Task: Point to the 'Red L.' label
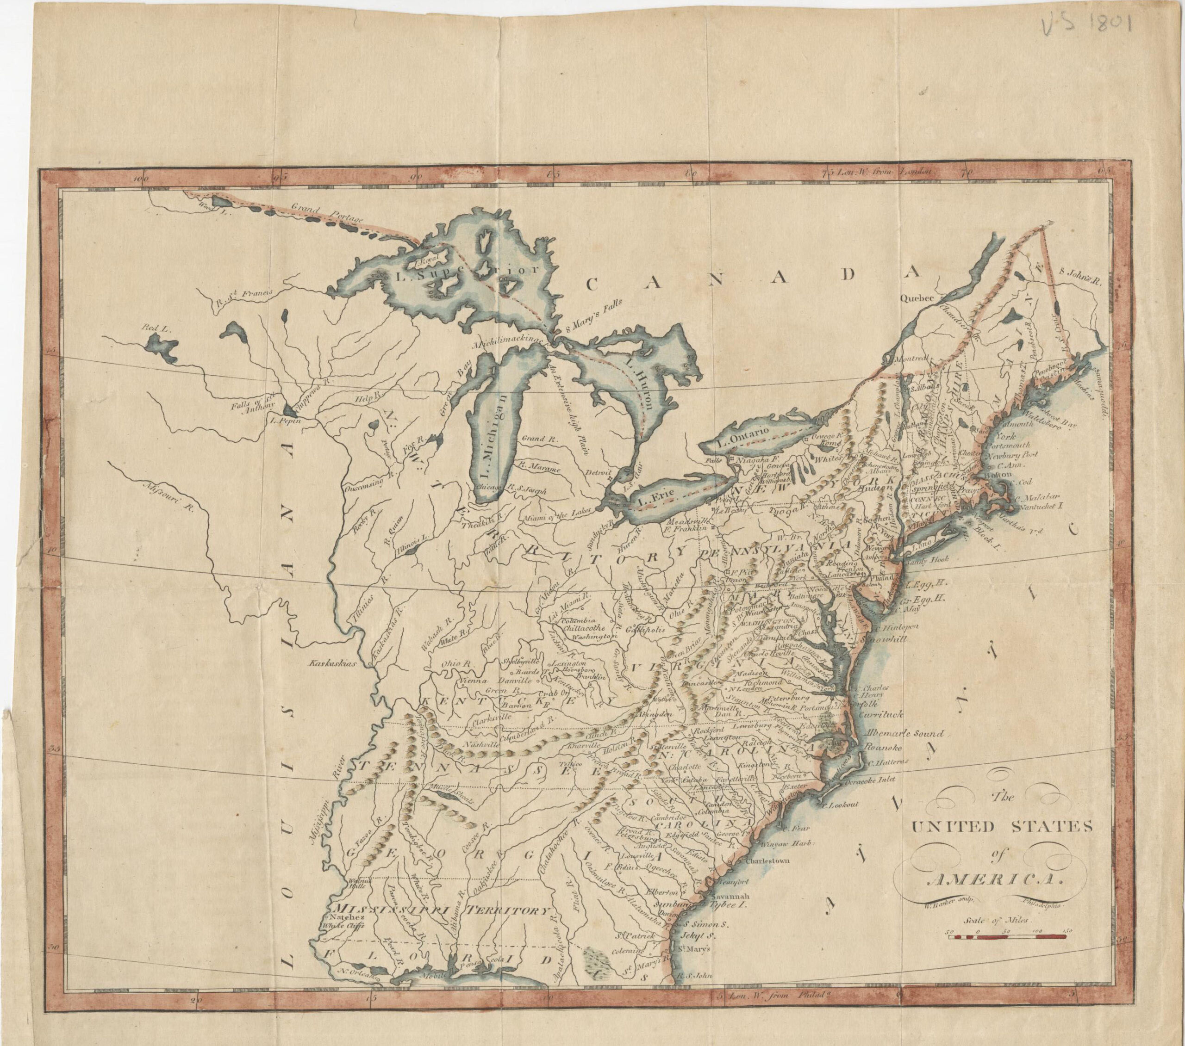coord(157,328)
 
